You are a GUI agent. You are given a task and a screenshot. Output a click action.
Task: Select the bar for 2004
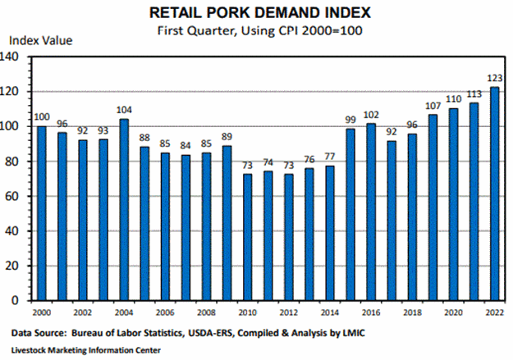pos(125,210)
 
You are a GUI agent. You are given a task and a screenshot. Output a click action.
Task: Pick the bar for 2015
pos(350,214)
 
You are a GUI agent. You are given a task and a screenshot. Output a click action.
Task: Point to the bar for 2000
pos(42,213)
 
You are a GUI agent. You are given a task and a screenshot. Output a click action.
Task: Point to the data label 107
pos(433,107)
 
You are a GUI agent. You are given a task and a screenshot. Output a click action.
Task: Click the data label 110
pos(454,101)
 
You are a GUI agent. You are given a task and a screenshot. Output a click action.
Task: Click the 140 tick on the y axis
pos(12,57)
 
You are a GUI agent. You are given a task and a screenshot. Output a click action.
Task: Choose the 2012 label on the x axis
pos(289,313)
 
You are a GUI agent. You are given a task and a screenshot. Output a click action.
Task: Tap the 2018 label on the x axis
pos(413,313)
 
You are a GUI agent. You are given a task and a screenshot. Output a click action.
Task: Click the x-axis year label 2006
pos(166,313)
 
